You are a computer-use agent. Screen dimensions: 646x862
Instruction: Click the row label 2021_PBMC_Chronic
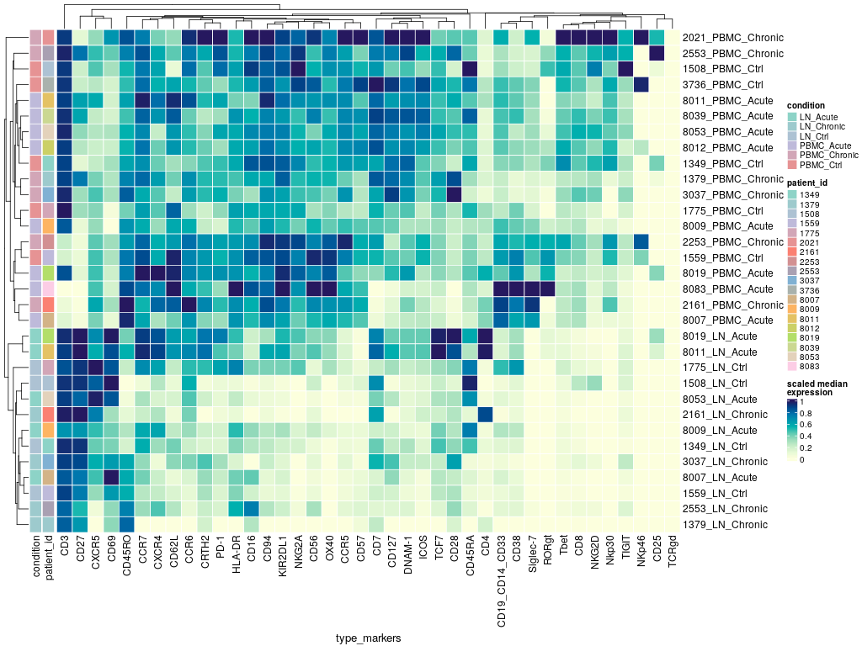click(x=733, y=38)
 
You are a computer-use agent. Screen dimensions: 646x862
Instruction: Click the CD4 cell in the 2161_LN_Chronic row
click(x=485, y=414)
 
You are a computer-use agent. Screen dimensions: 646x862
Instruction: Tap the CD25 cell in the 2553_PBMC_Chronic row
click(x=657, y=54)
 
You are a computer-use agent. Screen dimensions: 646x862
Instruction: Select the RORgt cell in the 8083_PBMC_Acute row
click(x=548, y=289)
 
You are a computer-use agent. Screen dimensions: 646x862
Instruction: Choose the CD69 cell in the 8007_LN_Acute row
click(x=111, y=477)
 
